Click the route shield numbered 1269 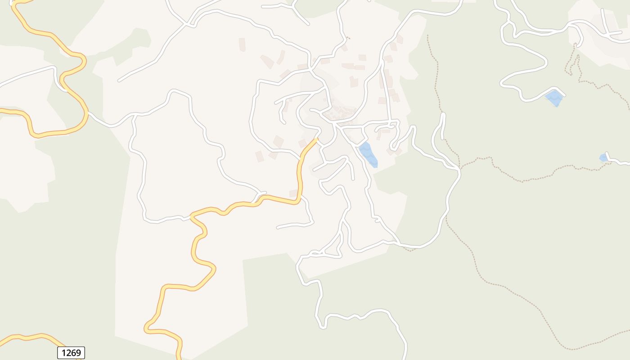click(x=71, y=353)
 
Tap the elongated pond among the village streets click(x=368, y=154)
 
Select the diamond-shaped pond click(x=555, y=98)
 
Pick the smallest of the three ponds click(x=603, y=157)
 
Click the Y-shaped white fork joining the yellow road click(x=258, y=196)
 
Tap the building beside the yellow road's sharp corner click(x=293, y=193)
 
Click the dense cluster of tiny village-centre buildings click(x=342, y=112)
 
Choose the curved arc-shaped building click(x=281, y=57)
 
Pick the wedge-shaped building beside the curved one click(x=267, y=62)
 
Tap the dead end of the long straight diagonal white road click(x=119, y=81)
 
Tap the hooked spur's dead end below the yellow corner click(x=278, y=228)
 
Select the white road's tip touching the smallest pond click(x=606, y=153)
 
